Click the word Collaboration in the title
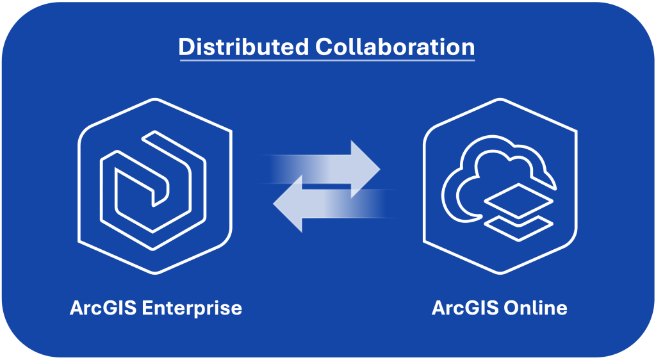click(x=396, y=47)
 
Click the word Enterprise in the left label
click(x=192, y=308)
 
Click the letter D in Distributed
click(x=186, y=47)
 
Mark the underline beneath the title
click(x=327, y=60)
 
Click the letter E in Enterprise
click(x=147, y=308)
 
